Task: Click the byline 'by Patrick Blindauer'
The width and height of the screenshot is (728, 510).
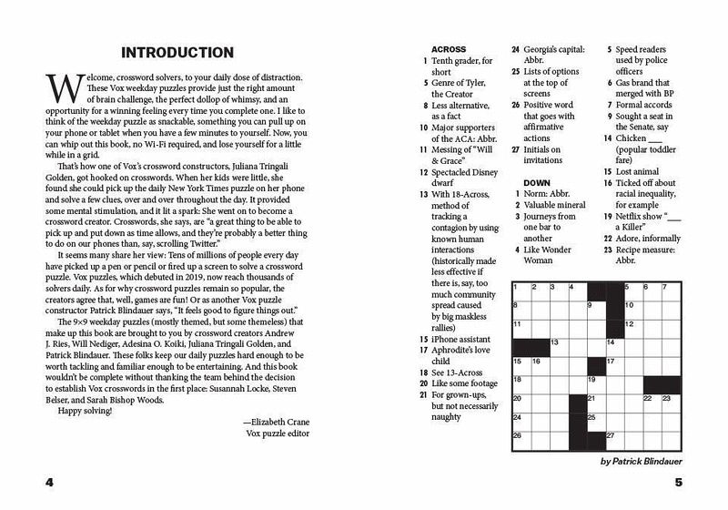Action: (x=647, y=462)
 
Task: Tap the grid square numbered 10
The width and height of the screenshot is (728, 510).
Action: (x=633, y=308)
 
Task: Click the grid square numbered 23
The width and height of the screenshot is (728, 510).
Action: (x=671, y=402)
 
